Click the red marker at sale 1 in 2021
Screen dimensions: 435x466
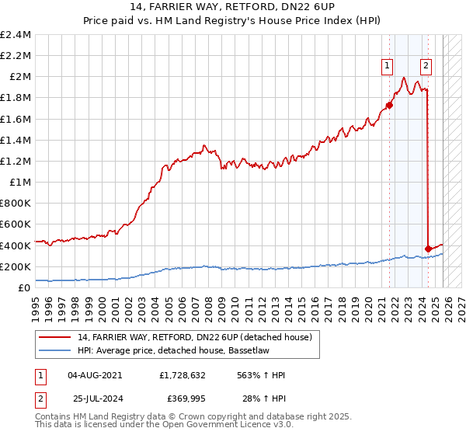(x=389, y=106)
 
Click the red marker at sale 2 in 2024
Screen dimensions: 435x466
(x=428, y=249)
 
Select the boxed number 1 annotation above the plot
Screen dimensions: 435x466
(x=387, y=67)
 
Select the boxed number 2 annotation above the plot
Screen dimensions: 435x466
(x=426, y=67)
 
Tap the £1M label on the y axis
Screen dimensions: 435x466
(x=20, y=183)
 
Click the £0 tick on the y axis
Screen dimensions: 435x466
(x=26, y=287)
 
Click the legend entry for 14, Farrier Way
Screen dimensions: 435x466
(x=194, y=337)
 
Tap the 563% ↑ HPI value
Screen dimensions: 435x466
(x=262, y=375)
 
